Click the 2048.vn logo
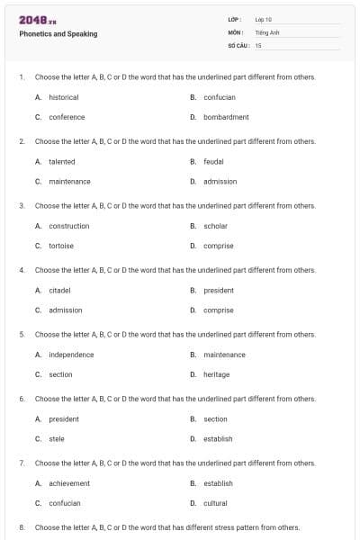(x=38, y=20)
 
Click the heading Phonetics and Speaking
(x=58, y=34)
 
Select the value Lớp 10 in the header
(x=264, y=19)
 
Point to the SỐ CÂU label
(x=238, y=44)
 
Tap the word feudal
(x=213, y=161)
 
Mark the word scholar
(x=215, y=226)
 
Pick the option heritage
(x=216, y=374)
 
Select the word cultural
(x=215, y=503)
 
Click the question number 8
(x=21, y=527)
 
